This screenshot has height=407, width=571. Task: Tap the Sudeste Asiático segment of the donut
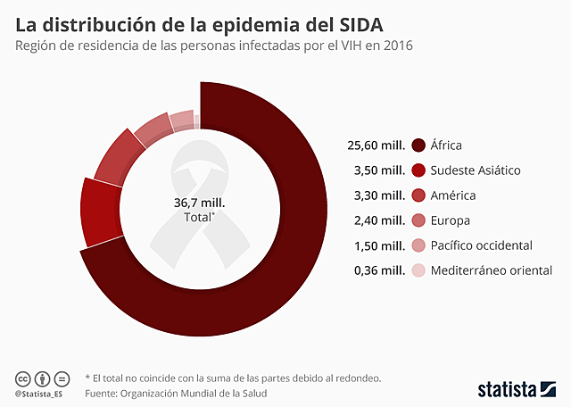pyautogui.click(x=101, y=212)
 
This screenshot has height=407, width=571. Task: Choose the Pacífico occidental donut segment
pyautogui.click(x=181, y=120)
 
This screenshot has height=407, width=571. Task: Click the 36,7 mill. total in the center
pyautogui.click(x=199, y=203)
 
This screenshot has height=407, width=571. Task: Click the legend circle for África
pyautogui.click(x=418, y=145)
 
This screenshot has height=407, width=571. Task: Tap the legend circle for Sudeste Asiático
pyautogui.click(x=418, y=170)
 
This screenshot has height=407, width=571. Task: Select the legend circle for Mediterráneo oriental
pyautogui.click(x=418, y=270)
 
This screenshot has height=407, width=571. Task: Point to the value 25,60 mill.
pyautogui.click(x=377, y=145)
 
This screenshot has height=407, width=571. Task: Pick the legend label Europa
pyautogui.click(x=450, y=220)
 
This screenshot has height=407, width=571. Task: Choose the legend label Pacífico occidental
pyautogui.click(x=481, y=245)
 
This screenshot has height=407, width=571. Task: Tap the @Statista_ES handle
pyautogui.click(x=38, y=393)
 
